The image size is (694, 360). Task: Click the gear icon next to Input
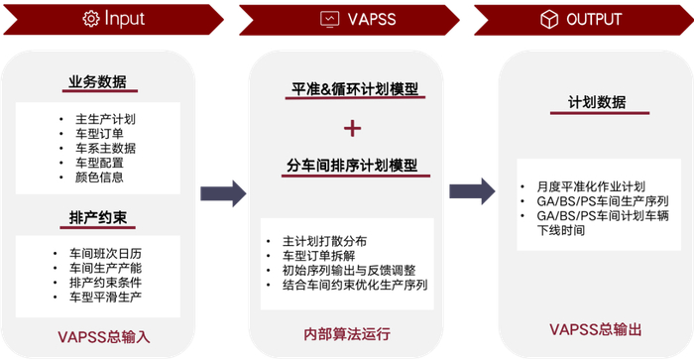coord(91,18)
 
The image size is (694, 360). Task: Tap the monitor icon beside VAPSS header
coord(330,18)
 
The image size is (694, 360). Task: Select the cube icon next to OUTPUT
coord(548,18)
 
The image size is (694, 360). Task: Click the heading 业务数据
coord(97,82)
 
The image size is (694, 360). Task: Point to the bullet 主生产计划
coord(105,119)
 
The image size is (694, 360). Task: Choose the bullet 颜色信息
coord(99,178)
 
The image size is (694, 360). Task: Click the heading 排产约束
coord(97,216)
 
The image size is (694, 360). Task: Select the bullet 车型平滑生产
coord(108,297)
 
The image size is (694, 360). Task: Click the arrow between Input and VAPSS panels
coord(223,194)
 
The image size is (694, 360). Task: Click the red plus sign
coord(353,128)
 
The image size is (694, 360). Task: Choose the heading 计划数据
coord(597,102)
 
